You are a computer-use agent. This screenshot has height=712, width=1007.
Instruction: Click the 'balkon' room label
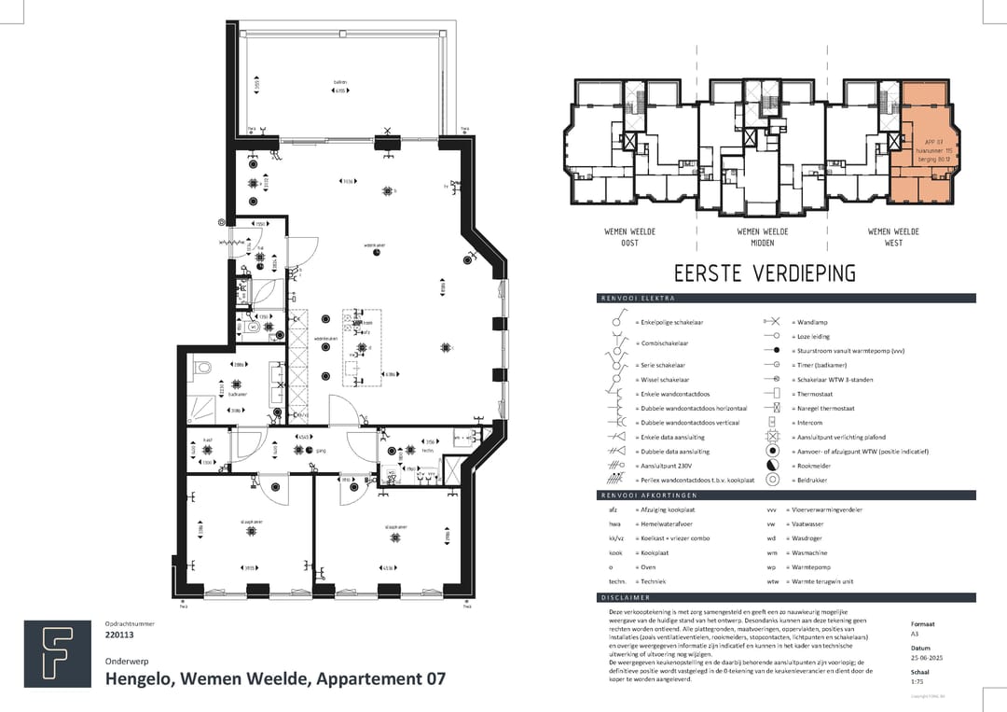pos(340,82)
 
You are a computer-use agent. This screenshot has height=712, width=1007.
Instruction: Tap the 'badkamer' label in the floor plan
pos(237,394)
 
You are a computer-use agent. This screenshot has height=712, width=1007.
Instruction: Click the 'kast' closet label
pos(210,440)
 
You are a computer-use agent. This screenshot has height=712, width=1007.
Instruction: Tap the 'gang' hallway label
pos(321,449)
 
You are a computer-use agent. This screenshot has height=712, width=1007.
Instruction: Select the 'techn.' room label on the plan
pos(427,450)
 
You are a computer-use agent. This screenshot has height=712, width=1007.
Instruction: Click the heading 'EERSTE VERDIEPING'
pos(765,272)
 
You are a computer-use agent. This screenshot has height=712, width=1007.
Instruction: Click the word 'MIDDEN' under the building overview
pos(762,243)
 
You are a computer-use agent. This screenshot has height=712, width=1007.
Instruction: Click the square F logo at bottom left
pos(58,653)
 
